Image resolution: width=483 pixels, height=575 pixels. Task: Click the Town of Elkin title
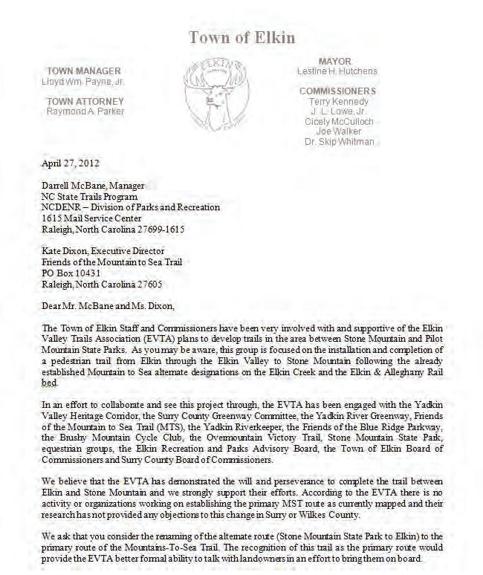click(x=241, y=37)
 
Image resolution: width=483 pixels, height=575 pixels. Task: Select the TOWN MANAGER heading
click(x=83, y=71)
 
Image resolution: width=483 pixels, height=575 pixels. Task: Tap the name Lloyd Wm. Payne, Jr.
click(x=83, y=81)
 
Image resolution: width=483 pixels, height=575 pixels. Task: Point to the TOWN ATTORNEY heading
click(x=85, y=101)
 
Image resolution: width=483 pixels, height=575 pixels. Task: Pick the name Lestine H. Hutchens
click(x=337, y=71)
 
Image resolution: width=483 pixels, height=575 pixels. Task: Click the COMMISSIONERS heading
click(x=337, y=91)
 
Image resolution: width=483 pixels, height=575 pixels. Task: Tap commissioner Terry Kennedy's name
click(x=339, y=101)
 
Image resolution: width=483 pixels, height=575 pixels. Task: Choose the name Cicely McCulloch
click(x=339, y=121)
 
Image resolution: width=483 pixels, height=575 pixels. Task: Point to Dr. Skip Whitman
click(x=339, y=141)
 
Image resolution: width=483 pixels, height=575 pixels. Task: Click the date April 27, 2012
click(x=71, y=163)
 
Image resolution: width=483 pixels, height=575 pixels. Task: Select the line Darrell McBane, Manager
click(x=94, y=186)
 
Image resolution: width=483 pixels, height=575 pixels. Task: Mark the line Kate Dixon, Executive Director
click(x=103, y=251)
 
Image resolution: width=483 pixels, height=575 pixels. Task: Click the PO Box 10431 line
click(x=72, y=273)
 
